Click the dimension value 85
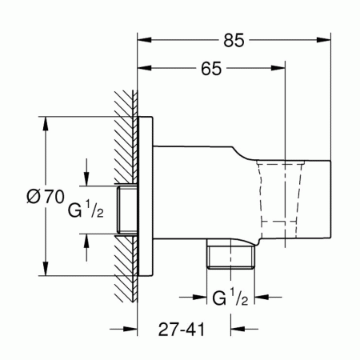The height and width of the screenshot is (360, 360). [235, 37]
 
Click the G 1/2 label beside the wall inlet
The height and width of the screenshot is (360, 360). [83, 212]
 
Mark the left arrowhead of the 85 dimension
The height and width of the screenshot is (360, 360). [145, 37]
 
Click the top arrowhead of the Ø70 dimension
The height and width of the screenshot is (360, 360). [45, 124]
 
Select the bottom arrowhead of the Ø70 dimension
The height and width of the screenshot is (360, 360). [45, 269]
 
